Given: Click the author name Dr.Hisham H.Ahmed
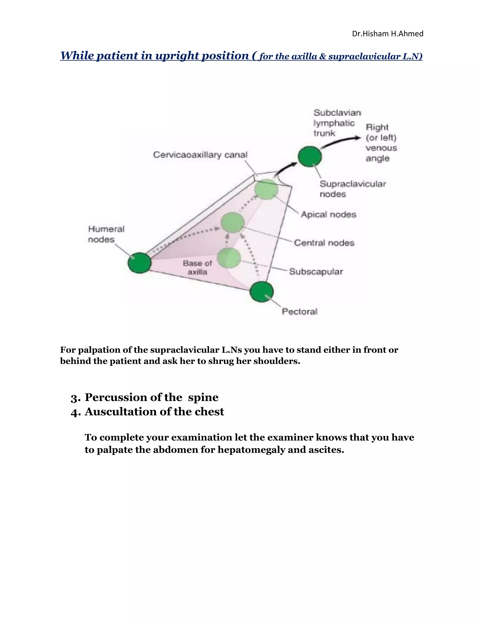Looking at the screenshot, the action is coord(388,34).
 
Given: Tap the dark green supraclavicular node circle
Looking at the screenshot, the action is coord(310,157).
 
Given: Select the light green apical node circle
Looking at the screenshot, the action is coord(266,189).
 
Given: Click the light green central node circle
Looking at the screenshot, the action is coord(232,222).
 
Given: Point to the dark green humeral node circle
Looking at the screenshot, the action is coord(139,263).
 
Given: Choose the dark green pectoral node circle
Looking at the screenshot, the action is coord(262,292).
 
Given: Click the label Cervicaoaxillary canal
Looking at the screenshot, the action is coord(200,155).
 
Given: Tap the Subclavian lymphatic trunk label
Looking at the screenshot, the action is coord(337,123).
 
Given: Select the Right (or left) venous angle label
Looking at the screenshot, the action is coord(381,143).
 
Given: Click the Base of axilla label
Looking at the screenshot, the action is coord(197,268).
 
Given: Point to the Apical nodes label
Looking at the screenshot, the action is coord(328,214).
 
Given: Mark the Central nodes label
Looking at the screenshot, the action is coord(324,243).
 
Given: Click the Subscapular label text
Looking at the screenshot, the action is coord(316,272).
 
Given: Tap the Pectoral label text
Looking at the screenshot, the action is coord(300,312).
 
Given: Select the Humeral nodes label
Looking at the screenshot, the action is coord(106,234).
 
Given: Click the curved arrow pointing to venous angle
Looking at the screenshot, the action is coord(340,142).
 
